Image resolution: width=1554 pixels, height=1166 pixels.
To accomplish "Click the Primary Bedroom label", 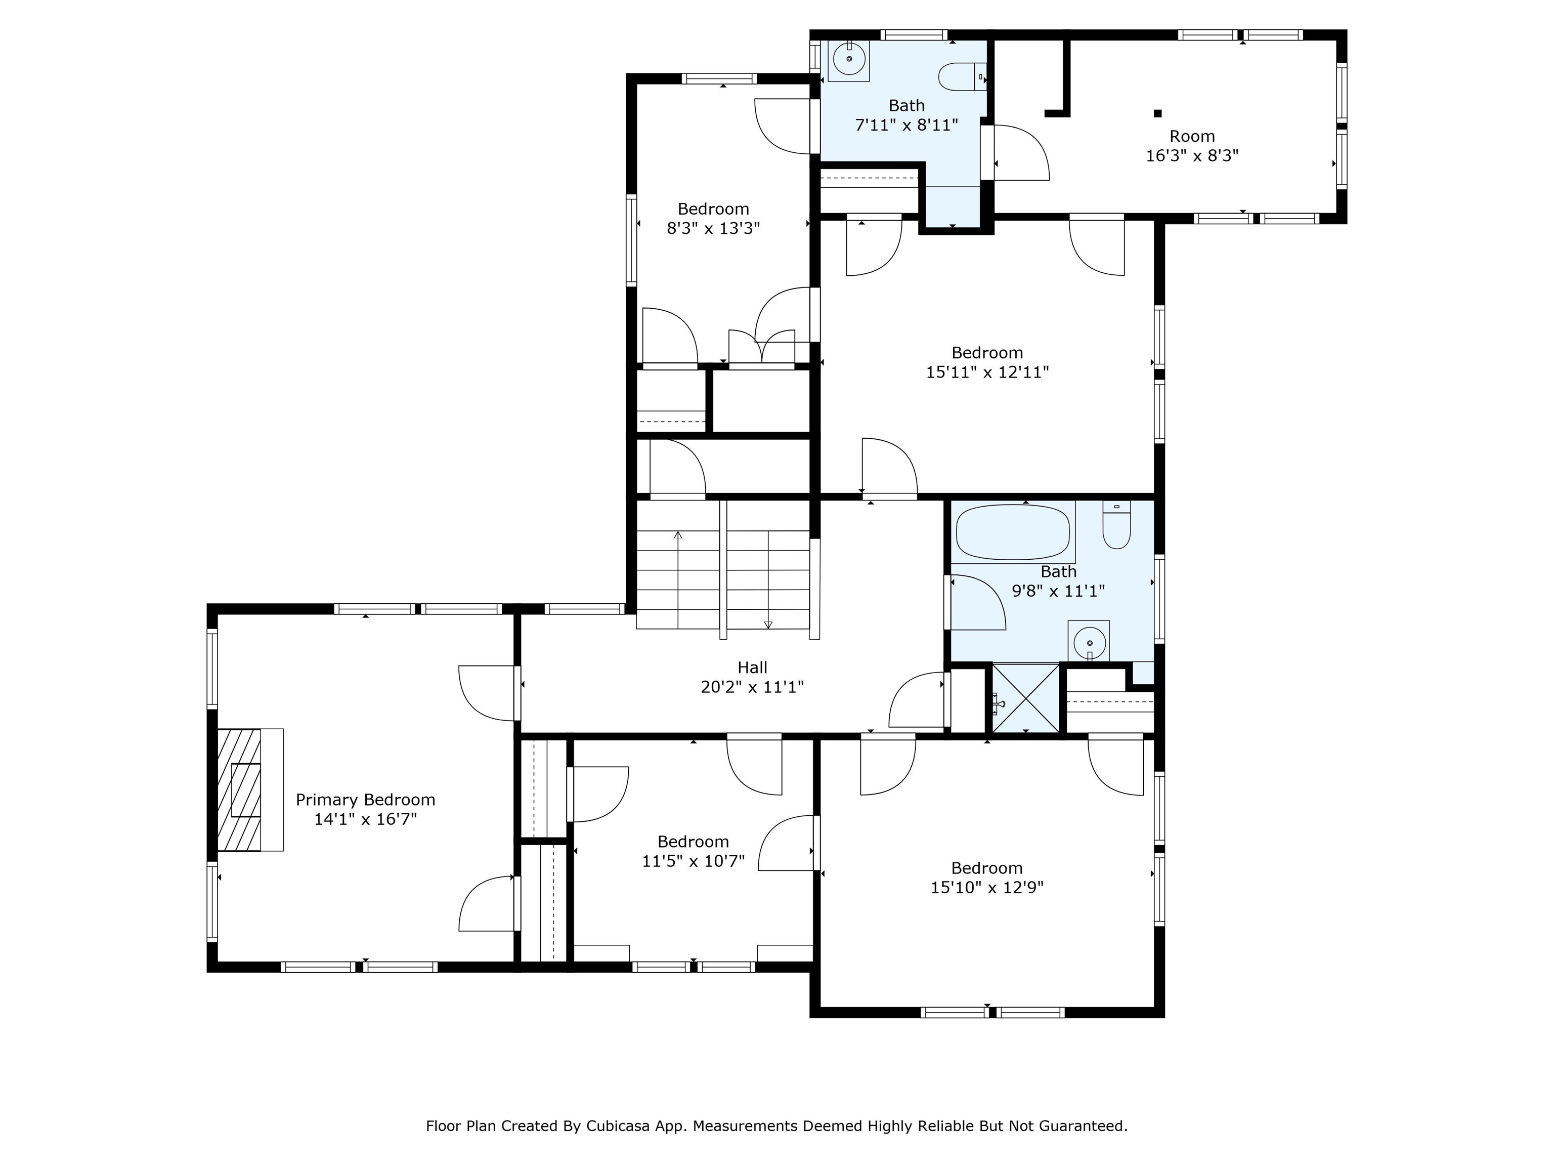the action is pos(365,800).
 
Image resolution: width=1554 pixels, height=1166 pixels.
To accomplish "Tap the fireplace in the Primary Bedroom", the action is pos(250,790).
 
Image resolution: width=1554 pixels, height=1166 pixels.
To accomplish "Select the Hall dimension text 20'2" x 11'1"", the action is pos(752,687).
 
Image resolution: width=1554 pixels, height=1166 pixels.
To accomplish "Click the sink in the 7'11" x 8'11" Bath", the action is pos(849,60).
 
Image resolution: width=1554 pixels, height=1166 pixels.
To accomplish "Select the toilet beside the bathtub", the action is pos(1116,524).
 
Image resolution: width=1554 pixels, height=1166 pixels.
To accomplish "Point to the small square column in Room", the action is pos(1158,113).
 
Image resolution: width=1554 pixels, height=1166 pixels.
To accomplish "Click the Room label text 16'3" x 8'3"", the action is pos(1192,155).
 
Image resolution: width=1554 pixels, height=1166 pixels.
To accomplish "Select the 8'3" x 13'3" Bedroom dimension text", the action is pos(713,228).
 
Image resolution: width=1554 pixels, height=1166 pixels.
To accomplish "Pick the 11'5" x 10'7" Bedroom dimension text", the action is pos(694,860).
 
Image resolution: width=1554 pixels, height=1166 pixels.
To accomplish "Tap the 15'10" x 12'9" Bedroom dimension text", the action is pos(987,887).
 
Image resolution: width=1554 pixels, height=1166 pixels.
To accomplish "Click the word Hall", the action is pos(752,667).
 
